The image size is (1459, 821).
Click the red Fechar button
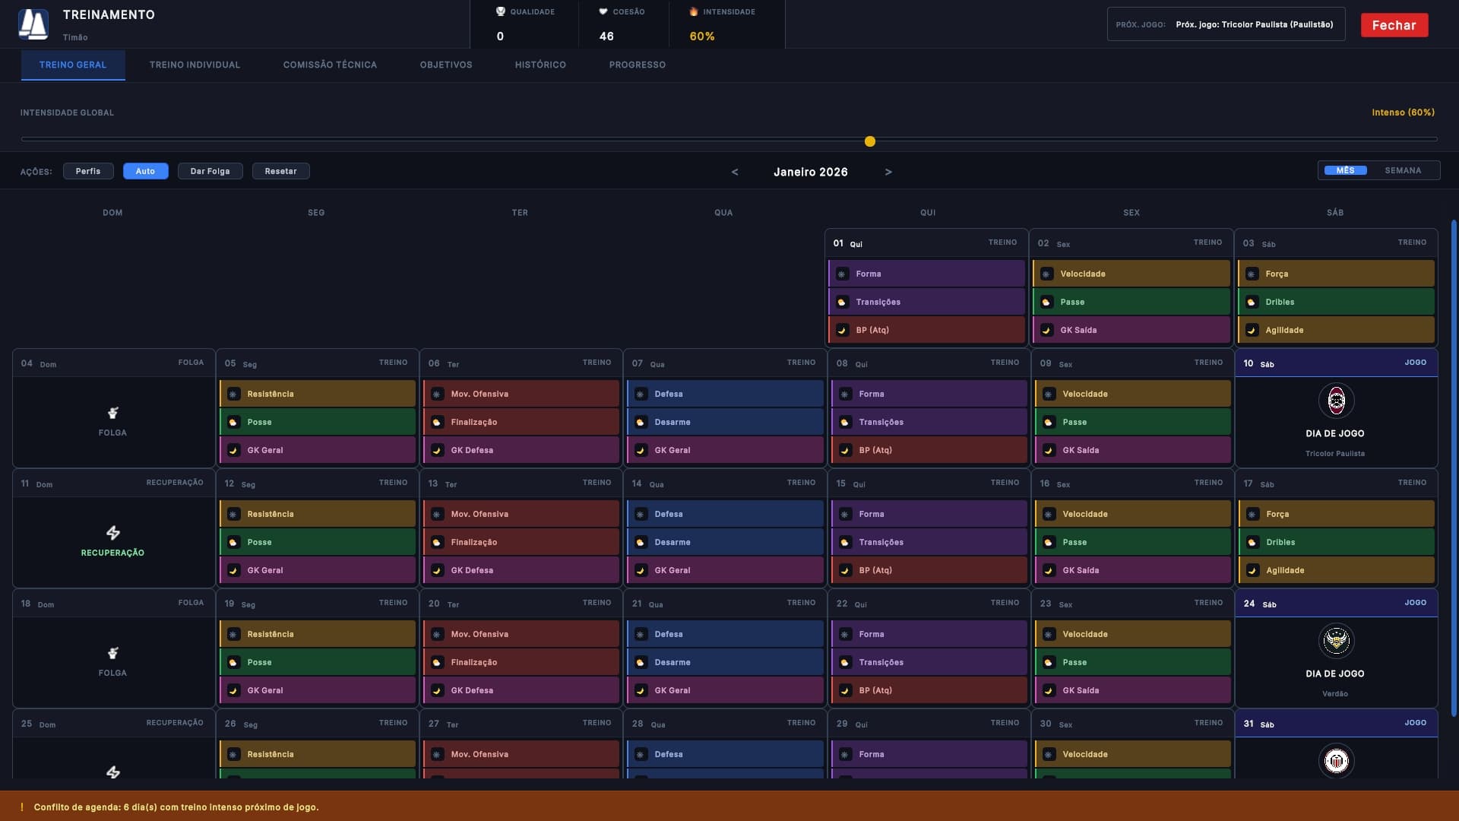[1394, 25]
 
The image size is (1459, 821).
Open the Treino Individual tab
[195, 65]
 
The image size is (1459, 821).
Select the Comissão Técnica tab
[330, 65]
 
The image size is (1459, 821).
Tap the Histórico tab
[540, 65]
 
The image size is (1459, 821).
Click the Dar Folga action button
[210, 171]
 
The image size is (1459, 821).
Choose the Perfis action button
[88, 171]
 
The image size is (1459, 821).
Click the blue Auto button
[145, 171]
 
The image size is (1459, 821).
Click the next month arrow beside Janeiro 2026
[888, 173]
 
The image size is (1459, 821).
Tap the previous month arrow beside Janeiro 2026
[735, 173]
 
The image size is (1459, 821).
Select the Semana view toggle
[1403, 171]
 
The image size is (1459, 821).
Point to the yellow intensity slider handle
[870, 141]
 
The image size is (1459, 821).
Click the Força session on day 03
[1336, 274]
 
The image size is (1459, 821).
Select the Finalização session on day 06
[521, 422]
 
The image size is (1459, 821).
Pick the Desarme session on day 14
[725, 542]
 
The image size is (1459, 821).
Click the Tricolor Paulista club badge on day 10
[1336, 401]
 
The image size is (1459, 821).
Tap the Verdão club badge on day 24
[1336, 641]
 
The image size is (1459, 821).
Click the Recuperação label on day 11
[112, 553]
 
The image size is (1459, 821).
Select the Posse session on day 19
[318, 662]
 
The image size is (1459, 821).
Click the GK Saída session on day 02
[1131, 330]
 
